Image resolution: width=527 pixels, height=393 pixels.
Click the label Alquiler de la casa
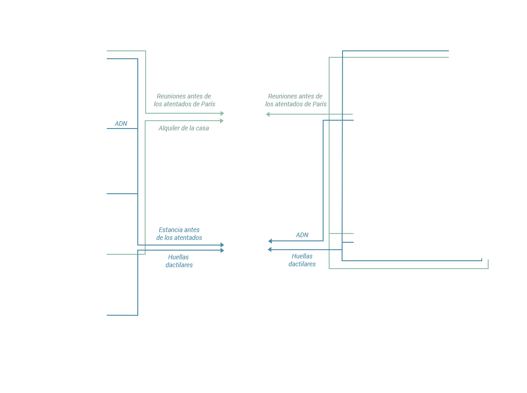(184, 128)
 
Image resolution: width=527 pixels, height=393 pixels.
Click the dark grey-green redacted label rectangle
(296, 99)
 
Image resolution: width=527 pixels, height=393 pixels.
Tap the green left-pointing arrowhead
(268, 114)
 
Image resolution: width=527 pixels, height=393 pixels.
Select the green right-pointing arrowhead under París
(222, 121)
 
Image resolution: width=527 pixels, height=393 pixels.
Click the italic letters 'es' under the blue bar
(312, 264)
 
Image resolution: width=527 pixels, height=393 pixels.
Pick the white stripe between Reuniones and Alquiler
(180, 117)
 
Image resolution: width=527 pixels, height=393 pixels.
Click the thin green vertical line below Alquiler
(145, 185)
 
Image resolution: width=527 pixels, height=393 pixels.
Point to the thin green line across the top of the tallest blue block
(395, 57)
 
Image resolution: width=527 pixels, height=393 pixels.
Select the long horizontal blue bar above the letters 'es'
(375, 255)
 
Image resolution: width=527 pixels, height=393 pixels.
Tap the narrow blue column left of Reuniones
(122, 148)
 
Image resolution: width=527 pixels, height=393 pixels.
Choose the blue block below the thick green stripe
(164, 284)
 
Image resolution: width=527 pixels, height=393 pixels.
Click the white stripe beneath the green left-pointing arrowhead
(298, 117)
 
